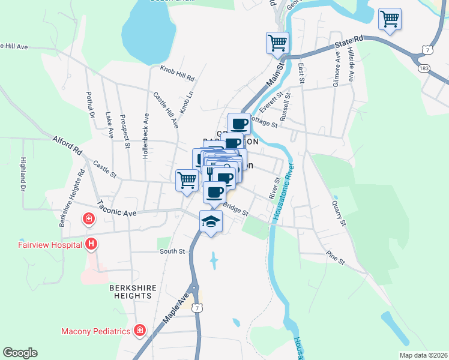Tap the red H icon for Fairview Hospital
pyautogui.click(x=91, y=244)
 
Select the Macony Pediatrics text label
pyautogui.click(x=96, y=331)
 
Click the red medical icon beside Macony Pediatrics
pyautogui.click(x=140, y=331)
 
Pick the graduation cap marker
pyautogui.click(x=211, y=221)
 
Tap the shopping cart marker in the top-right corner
pyautogui.click(x=390, y=18)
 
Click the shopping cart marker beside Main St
pyautogui.click(x=277, y=43)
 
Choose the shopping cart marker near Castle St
pyautogui.click(x=187, y=179)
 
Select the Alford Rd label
pyautogui.click(x=67, y=144)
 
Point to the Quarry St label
pyautogui.click(x=339, y=213)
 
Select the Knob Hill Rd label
pyautogui.click(x=177, y=74)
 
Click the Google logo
pyautogui.click(x=19, y=353)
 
